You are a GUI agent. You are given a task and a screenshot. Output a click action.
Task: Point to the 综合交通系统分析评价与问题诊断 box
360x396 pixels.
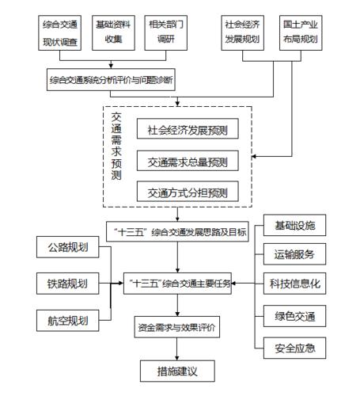[x=112, y=80]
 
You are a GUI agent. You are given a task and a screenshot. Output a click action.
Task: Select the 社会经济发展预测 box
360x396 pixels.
[x=188, y=129]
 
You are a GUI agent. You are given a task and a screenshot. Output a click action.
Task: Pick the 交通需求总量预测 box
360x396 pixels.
[x=188, y=162]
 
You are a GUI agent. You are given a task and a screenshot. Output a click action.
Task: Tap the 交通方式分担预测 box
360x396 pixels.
[x=188, y=193]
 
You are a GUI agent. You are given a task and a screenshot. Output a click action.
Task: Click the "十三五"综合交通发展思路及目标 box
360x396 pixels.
[x=178, y=232]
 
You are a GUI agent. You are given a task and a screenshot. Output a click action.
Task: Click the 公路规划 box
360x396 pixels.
[x=67, y=247]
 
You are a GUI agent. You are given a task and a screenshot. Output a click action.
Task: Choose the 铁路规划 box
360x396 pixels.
[x=67, y=284]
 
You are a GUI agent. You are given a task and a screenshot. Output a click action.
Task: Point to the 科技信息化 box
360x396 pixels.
[x=294, y=284]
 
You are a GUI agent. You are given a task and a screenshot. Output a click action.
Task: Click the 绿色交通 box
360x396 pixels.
[x=294, y=318]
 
